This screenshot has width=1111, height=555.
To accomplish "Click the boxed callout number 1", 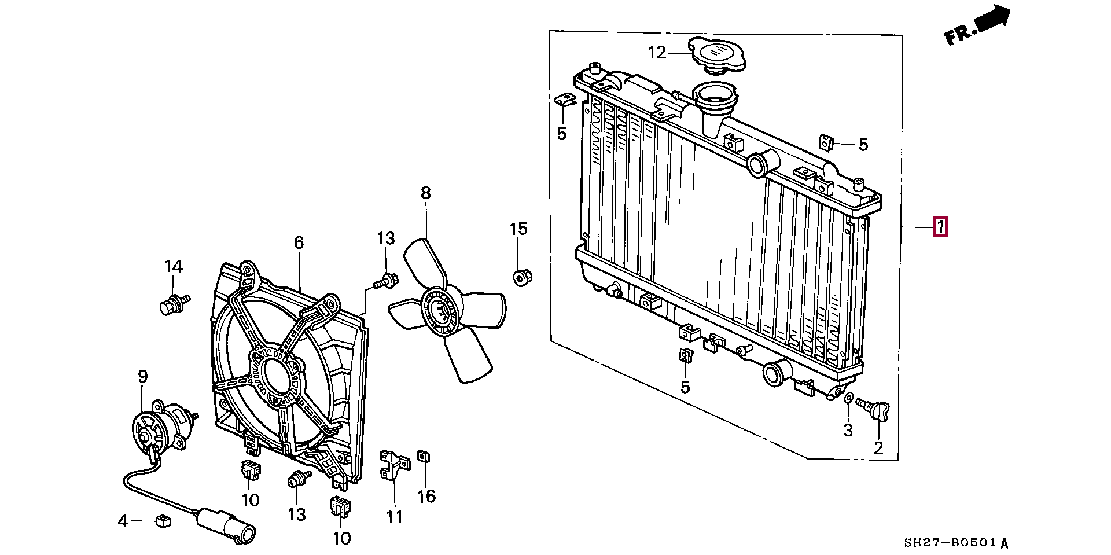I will click(x=940, y=227).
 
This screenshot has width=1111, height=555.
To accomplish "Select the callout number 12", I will click(x=657, y=53).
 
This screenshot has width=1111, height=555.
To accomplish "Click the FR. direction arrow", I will click(x=978, y=27).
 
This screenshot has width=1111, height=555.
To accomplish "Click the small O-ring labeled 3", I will click(x=848, y=398).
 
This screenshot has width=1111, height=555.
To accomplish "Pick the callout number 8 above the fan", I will click(x=426, y=193).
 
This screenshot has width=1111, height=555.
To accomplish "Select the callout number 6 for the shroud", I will click(x=299, y=242).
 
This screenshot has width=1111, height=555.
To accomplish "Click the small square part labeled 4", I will click(x=163, y=521).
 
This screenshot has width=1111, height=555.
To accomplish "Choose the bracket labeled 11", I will click(x=393, y=466).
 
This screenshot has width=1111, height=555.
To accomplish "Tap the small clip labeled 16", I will click(x=424, y=457).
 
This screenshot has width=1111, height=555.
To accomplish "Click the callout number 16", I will click(x=426, y=496).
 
